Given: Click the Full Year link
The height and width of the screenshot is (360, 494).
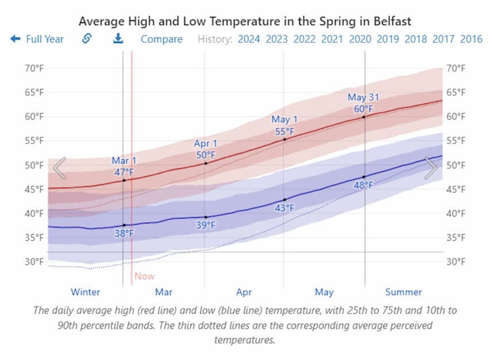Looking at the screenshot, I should [x=38, y=39].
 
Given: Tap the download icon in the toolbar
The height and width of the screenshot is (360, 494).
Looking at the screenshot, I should [x=118, y=38].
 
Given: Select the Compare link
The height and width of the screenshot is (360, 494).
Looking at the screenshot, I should [x=161, y=39].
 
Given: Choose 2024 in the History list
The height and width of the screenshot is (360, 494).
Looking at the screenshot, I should [x=249, y=39].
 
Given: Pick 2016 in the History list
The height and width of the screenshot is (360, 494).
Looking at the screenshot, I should [x=471, y=39].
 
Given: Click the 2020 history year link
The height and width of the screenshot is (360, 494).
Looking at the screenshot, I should [x=360, y=39].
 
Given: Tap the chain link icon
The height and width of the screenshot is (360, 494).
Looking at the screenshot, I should [x=87, y=38].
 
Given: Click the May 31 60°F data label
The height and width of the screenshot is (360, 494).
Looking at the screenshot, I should [x=363, y=103].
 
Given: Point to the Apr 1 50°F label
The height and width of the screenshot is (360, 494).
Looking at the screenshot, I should [x=206, y=149].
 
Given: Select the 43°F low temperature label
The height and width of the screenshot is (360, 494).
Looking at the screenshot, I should [x=284, y=208].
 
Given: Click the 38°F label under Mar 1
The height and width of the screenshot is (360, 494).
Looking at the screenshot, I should [x=124, y=234].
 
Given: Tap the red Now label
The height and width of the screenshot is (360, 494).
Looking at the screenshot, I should [x=144, y=276].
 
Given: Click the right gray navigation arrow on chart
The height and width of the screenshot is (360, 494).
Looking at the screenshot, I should [x=431, y=168].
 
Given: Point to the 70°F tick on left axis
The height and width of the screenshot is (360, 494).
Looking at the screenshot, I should [x=34, y=68].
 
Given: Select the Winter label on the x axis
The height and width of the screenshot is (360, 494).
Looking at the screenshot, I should [x=85, y=292].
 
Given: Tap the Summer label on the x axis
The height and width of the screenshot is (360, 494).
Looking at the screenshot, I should [x=403, y=292].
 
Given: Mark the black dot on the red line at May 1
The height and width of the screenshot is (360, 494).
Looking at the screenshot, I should [x=284, y=139].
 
